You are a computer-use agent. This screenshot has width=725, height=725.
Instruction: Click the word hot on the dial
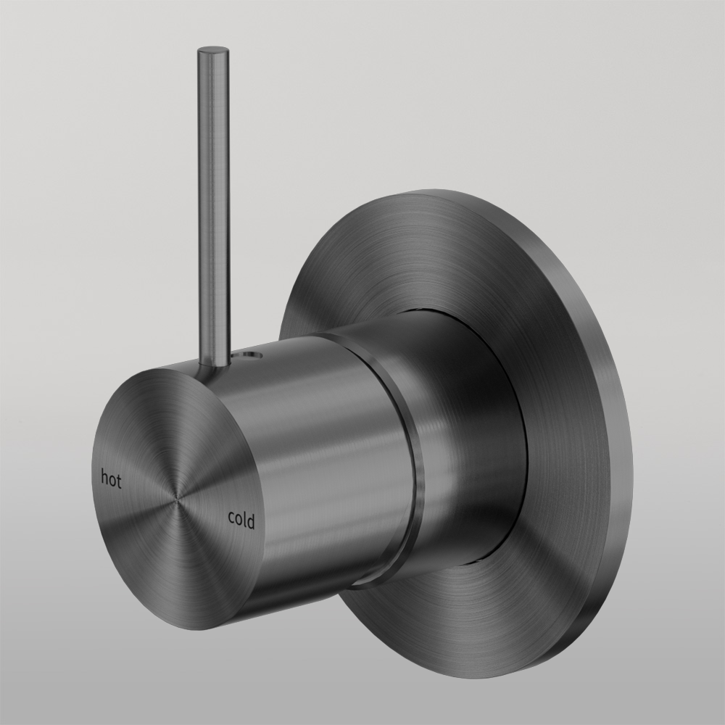[x=111, y=479]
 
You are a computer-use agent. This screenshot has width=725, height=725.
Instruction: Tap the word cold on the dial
[x=241, y=519]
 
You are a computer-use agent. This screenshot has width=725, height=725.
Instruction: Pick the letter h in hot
[x=104, y=478]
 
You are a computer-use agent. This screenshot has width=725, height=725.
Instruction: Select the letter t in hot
[x=119, y=481]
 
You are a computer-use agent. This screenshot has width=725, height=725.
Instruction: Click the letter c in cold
[x=231, y=518]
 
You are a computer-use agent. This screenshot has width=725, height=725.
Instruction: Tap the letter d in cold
[x=252, y=521]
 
